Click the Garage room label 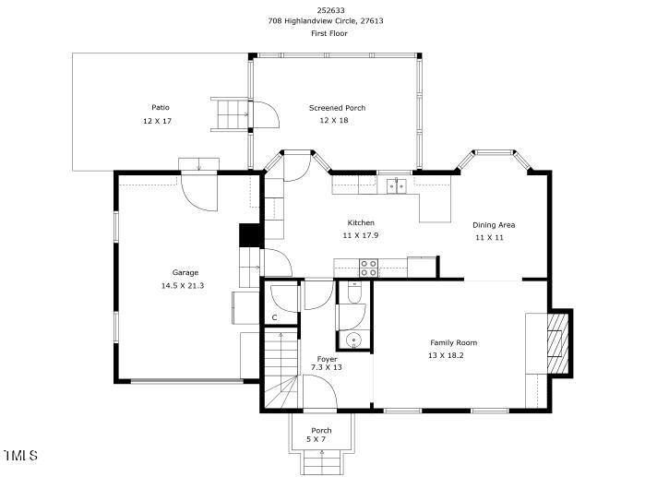click(185, 272)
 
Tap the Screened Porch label click(338, 108)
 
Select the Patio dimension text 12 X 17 click(157, 121)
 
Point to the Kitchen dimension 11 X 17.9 click(361, 235)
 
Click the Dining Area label click(494, 225)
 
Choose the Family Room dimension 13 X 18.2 click(446, 355)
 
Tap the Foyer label click(327, 360)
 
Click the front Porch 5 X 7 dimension click(316, 439)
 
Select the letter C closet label click(274, 318)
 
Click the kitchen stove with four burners click(369, 268)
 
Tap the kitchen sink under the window click(397, 185)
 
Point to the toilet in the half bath click(354, 292)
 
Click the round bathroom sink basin click(353, 340)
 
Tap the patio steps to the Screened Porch click(232, 114)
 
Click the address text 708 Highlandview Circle click(314, 20)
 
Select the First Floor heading click(329, 33)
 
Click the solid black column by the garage click(251, 235)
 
